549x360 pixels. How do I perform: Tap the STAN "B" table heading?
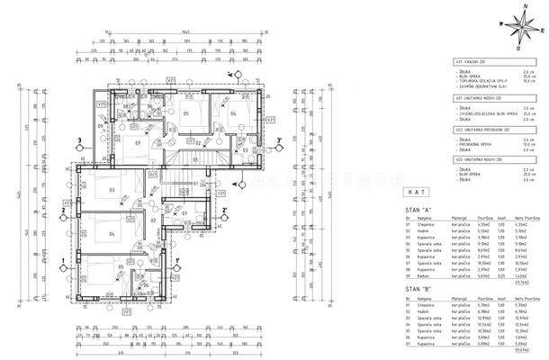(411, 290)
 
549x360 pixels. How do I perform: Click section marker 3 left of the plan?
(79, 140)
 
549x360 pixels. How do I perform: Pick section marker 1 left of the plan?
(60, 262)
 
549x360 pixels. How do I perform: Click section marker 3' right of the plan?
(279, 140)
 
